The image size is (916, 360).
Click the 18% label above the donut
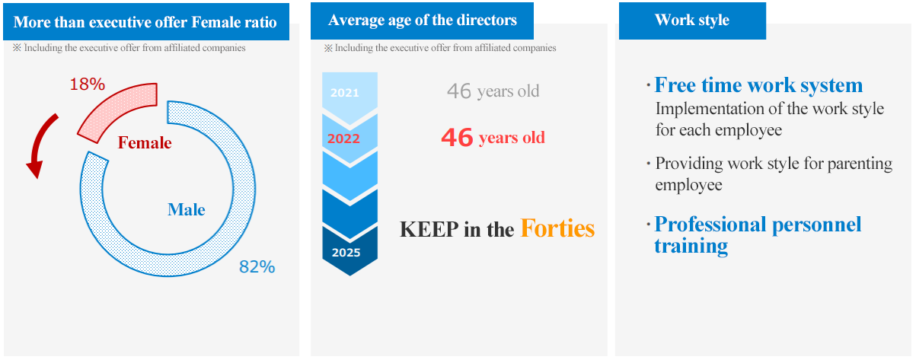(88, 84)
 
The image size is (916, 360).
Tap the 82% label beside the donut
(257, 267)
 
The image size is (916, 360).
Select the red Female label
(145, 142)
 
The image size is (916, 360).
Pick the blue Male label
(186, 209)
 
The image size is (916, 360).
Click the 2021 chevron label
(345, 93)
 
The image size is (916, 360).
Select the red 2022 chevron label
(343, 139)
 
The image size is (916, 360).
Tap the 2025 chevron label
(346, 253)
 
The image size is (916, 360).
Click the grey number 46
(459, 91)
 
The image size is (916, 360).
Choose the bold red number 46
(457, 138)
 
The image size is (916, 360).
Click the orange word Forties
(557, 228)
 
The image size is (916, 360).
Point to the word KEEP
(429, 229)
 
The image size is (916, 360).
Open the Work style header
(692, 20)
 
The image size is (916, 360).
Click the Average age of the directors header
(422, 20)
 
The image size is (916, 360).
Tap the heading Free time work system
(758, 85)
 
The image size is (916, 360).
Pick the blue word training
(691, 246)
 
